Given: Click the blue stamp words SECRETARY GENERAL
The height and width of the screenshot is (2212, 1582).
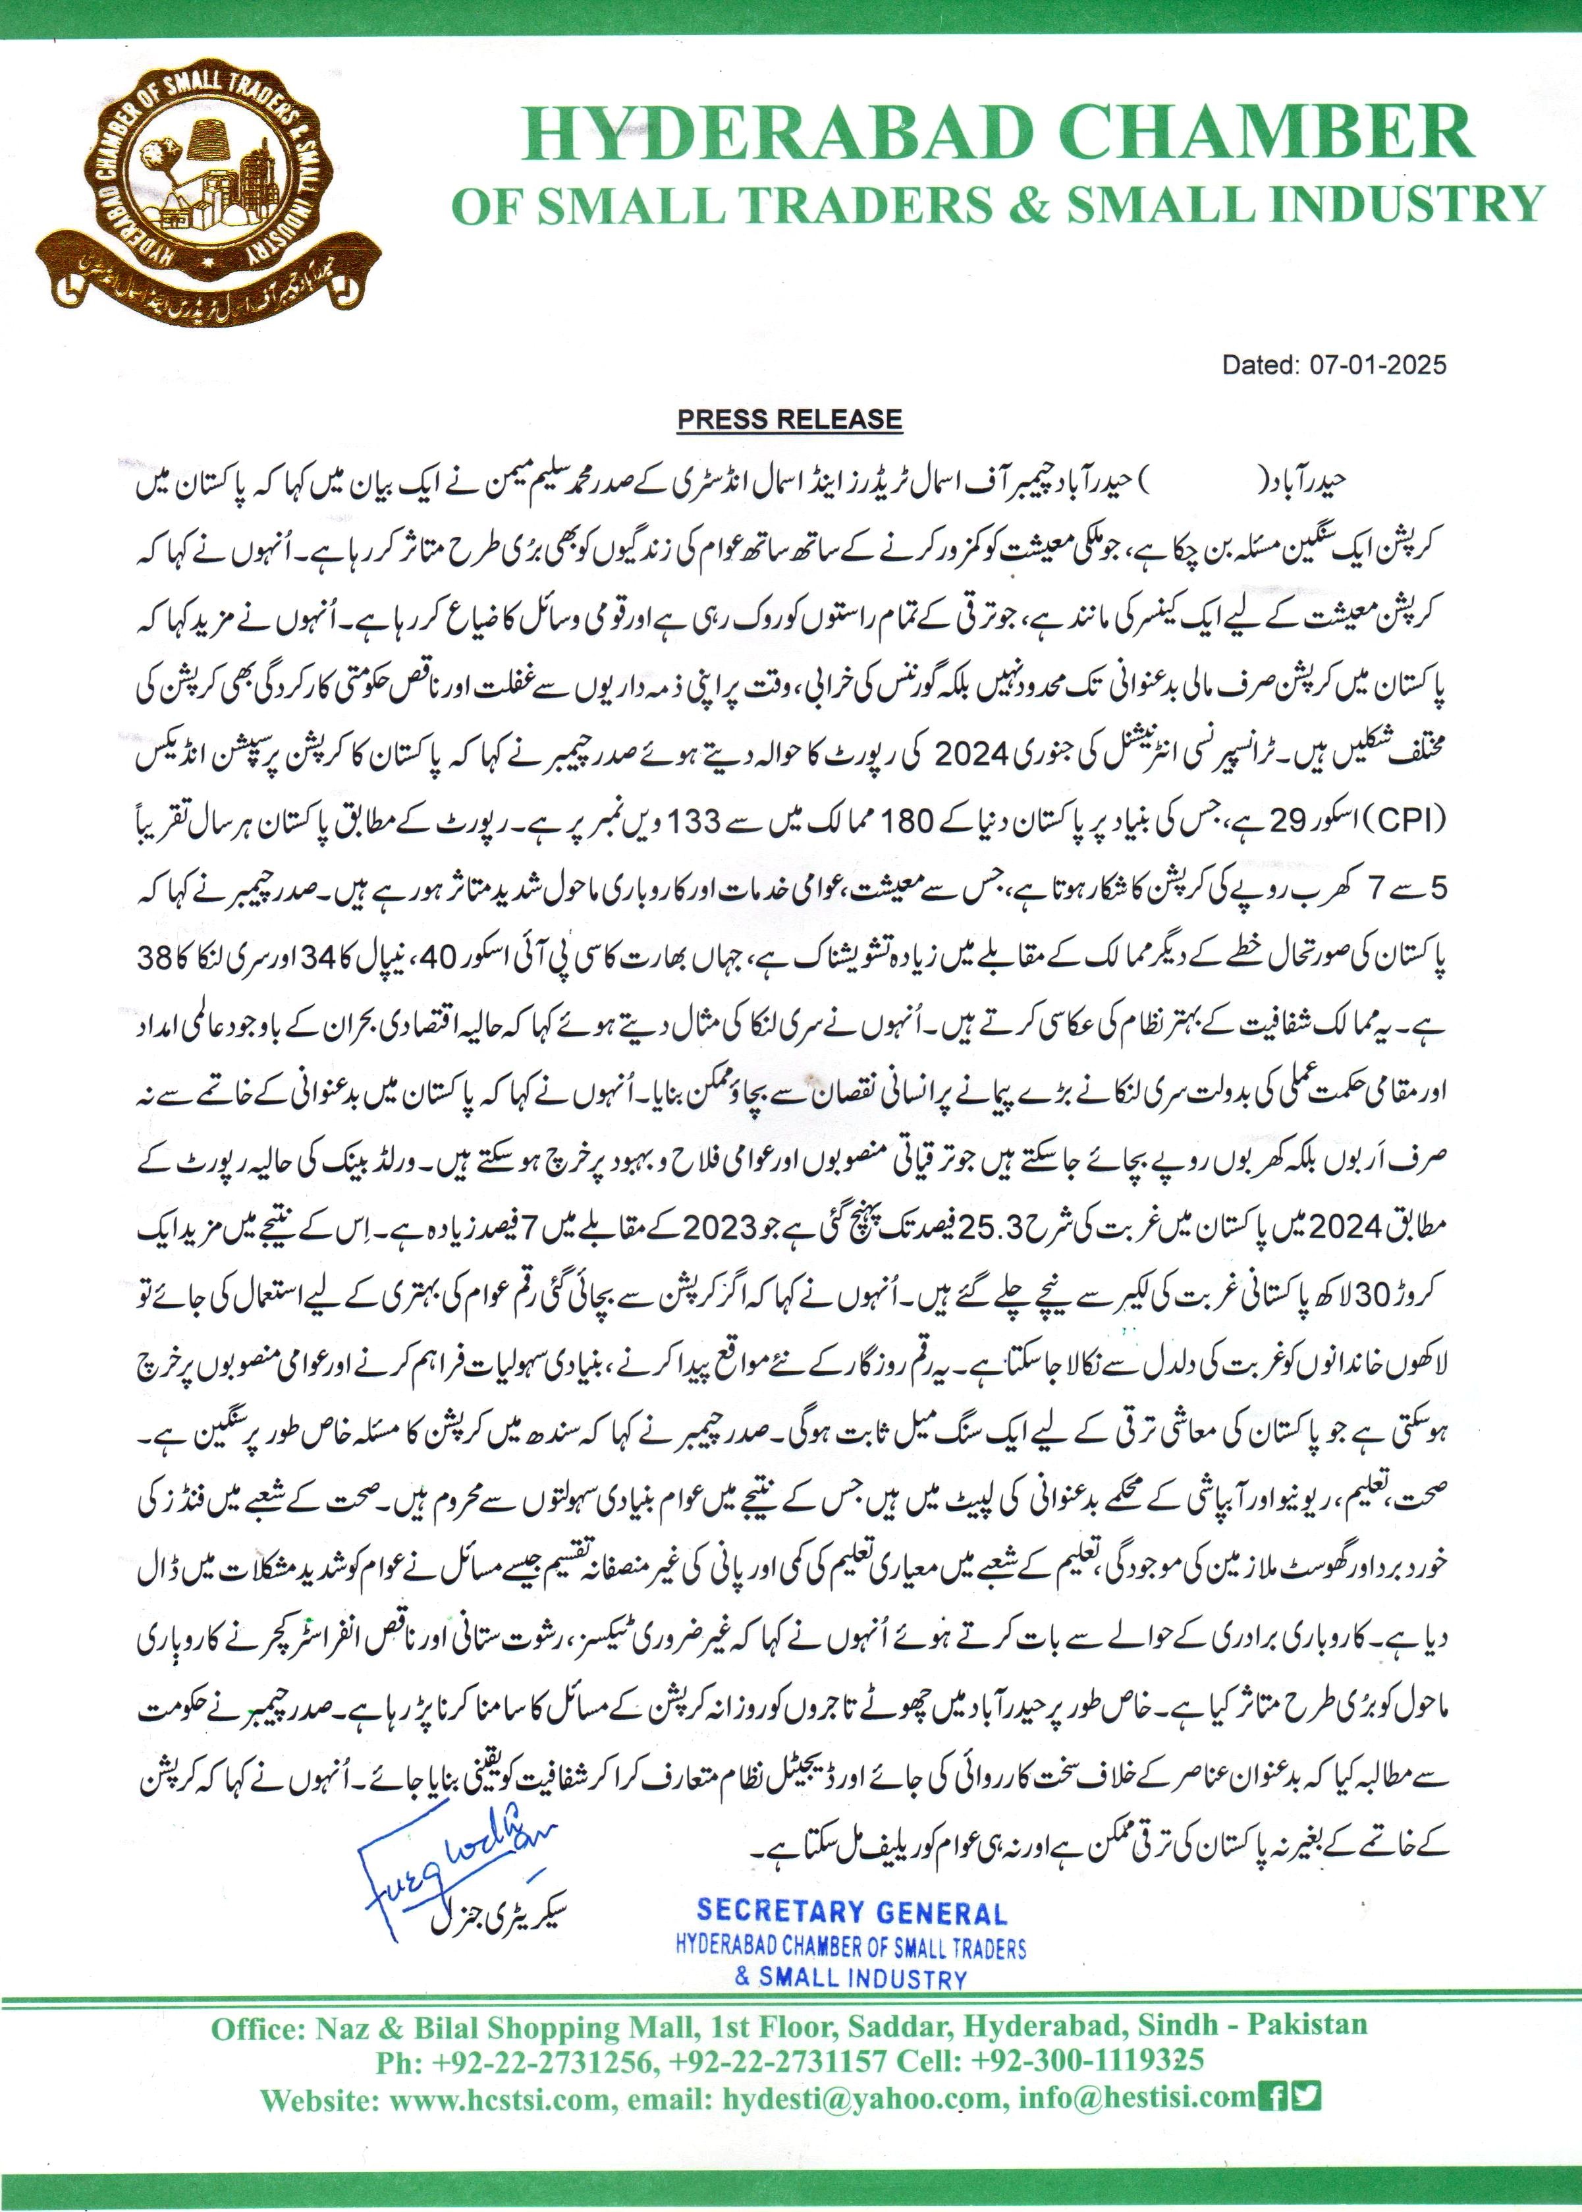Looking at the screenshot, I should (x=852, y=1913).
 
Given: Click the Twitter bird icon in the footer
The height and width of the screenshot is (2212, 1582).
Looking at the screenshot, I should (x=1306, y=2095).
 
